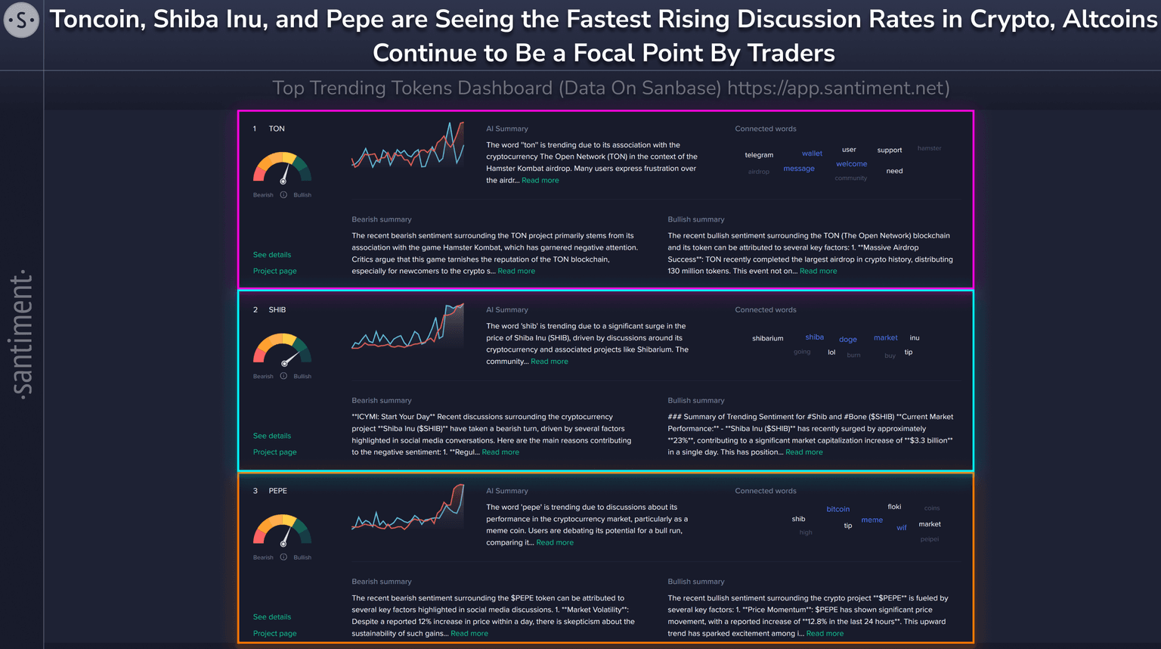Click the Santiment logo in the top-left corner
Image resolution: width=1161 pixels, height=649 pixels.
(21, 20)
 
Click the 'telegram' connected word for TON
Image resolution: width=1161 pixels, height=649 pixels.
(759, 155)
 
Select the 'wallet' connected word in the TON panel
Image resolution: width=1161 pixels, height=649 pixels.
(812, 154)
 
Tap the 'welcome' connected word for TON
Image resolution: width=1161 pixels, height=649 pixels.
(851, 164)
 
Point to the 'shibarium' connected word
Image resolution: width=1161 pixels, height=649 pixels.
(767, 338)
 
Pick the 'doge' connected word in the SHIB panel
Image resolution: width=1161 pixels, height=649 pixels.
(848, 340)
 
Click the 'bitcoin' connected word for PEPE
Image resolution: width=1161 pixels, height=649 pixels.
(837, 509)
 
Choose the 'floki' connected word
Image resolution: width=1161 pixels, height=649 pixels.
(894, 507)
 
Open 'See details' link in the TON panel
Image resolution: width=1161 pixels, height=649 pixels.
(272, 255)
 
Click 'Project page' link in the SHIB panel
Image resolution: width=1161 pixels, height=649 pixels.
(274, 452)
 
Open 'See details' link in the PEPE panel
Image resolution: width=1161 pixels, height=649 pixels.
(272, 617)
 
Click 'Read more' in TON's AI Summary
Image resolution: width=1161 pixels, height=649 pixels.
(540, 181)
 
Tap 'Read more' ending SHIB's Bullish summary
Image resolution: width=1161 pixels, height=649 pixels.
(804, 452)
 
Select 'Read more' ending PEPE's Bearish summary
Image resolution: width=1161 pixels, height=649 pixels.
(469, 634)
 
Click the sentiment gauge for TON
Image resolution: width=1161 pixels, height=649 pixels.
(282, 168)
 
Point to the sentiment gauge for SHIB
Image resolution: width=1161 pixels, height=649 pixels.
(282, 349)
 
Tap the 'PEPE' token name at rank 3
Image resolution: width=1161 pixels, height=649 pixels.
(277, 491)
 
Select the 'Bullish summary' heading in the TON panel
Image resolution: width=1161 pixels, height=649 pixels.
(695, 219)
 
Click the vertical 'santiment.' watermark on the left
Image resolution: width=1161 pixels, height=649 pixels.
(22, 334)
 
